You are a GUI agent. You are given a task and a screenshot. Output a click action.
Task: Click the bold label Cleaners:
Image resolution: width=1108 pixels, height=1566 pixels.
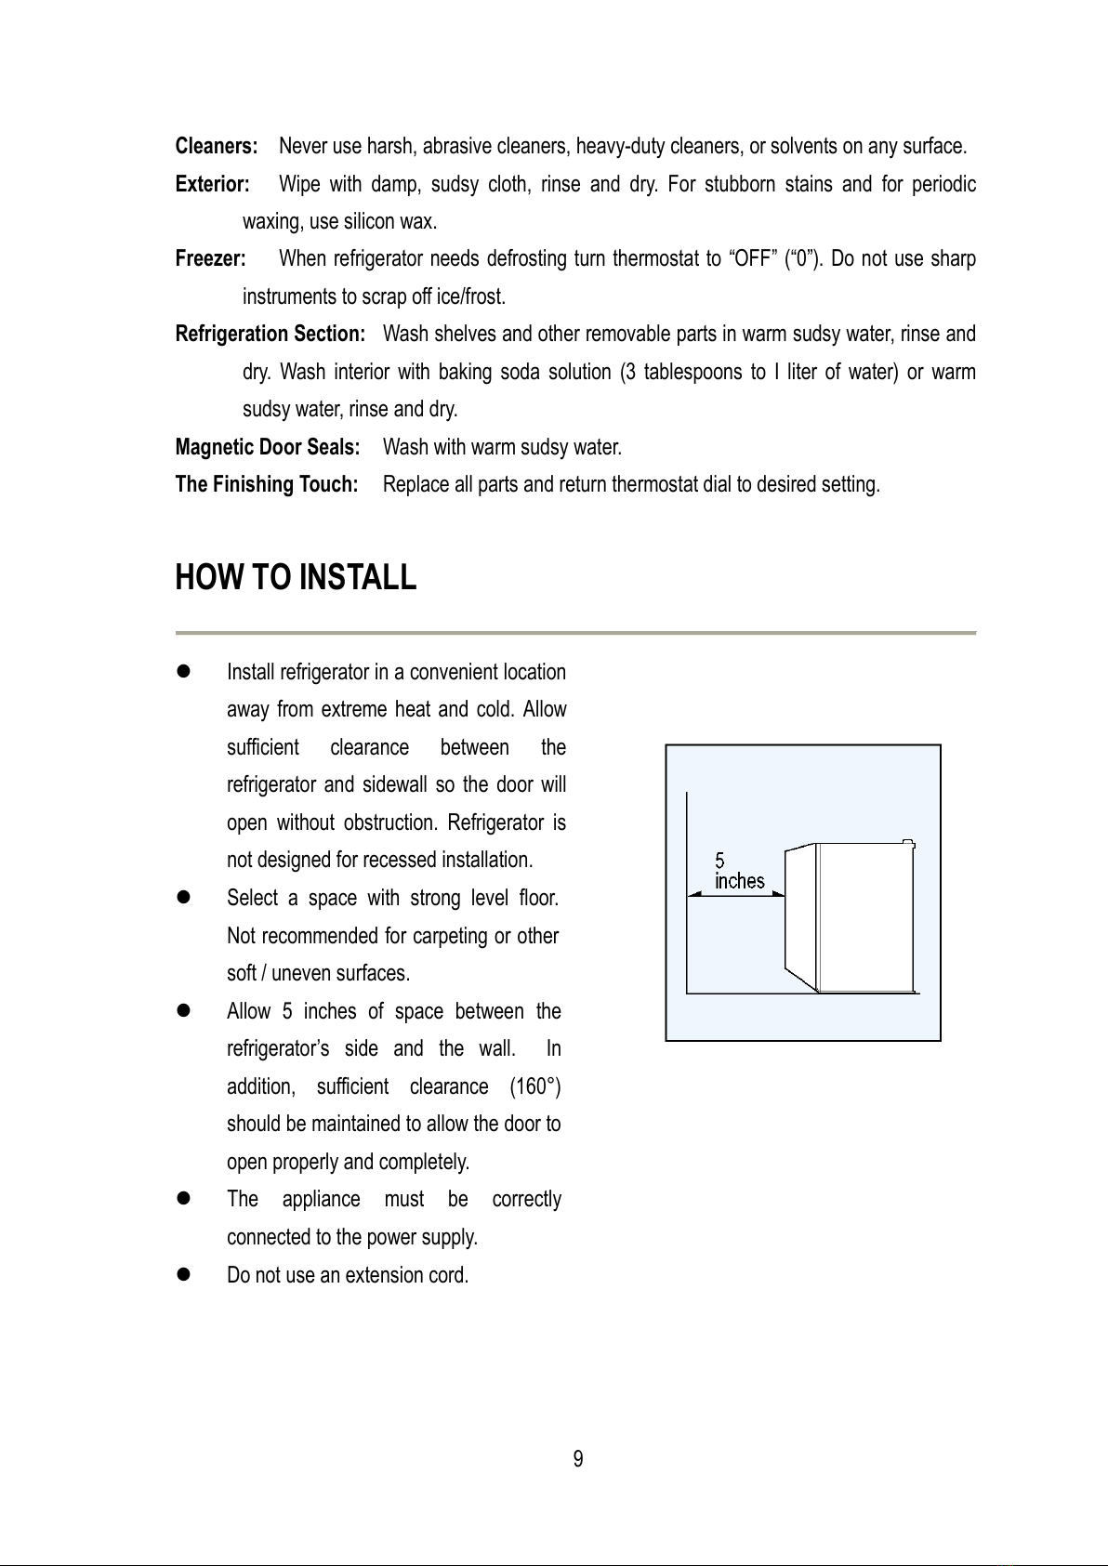(x=217, y=147)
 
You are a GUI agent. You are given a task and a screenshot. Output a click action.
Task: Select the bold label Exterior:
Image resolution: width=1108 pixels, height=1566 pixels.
(x=213, y=184)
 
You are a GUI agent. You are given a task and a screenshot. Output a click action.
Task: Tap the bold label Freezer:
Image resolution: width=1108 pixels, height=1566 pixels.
(x=211, y=258)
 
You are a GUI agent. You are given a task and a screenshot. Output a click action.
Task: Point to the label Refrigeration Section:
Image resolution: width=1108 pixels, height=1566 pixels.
(x=270, y=334)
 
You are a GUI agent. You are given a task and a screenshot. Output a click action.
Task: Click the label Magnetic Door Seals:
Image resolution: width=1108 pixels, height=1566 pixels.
(x=268, y=447)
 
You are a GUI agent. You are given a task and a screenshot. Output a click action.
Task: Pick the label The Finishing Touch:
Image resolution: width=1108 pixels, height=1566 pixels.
(x=267, y=484)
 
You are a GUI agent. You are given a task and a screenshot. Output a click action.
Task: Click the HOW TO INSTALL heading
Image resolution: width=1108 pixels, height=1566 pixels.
(x=296, y=577)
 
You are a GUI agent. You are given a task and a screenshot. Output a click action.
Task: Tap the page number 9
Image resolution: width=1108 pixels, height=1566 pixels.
(x=578, y=1459)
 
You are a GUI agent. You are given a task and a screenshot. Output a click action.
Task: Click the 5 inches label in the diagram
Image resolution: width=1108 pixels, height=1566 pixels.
(x=739, y=872)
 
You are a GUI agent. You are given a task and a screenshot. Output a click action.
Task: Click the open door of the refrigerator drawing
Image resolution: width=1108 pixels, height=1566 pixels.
(x=800, y=915)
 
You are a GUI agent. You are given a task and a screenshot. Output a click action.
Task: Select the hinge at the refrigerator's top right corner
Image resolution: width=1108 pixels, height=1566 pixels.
(x=909, y=845)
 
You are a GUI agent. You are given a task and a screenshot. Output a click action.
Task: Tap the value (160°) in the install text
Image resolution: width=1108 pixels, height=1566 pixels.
(x=535, y=1086)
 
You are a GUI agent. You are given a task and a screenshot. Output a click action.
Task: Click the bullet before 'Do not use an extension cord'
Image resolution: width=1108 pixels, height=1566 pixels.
(x=183, y=1275)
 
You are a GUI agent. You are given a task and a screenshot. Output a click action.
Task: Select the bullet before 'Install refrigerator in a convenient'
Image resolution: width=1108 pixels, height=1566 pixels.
(x=183, y=672)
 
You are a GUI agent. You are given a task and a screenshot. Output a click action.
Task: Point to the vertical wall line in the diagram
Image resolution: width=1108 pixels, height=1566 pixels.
(x=687, y=892)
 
